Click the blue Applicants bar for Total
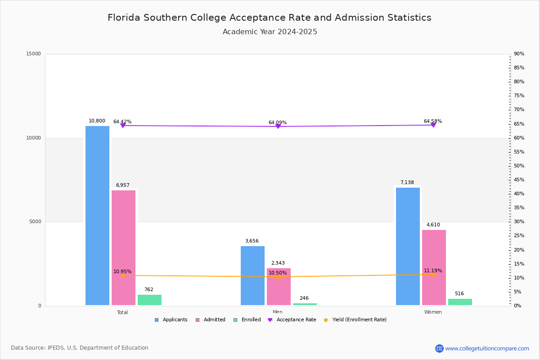point(97,216)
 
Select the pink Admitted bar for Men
point(279,287)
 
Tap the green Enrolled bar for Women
point(460,302)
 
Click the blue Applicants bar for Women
point(408,246)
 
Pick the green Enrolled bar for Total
point(149,300)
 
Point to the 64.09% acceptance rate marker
point(278,126)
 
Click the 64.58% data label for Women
point(432,121)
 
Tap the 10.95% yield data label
point(122,271)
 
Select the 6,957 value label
point(122,185)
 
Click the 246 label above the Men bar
point(304,298)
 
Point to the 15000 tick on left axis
point(33,54)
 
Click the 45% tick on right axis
point(519,180)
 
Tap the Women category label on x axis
point(433,312)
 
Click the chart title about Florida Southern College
point(269,18)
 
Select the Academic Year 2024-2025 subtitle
point(270,32)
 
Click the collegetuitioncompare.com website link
point(486,348)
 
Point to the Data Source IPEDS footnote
point(80,348)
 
